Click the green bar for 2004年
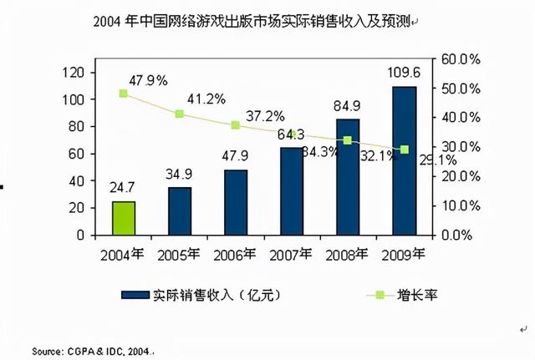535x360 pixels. click(124, 218)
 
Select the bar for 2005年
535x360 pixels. click(180, 210)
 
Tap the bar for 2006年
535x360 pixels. click(236, 202)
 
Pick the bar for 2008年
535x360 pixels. click(348, 177)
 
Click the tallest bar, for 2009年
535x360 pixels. click(405, 160)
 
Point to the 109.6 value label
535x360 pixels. click(404, 73)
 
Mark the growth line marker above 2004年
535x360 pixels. click(124, 94)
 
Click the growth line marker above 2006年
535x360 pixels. click(236, 124)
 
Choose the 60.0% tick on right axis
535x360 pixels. click(459, 59)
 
